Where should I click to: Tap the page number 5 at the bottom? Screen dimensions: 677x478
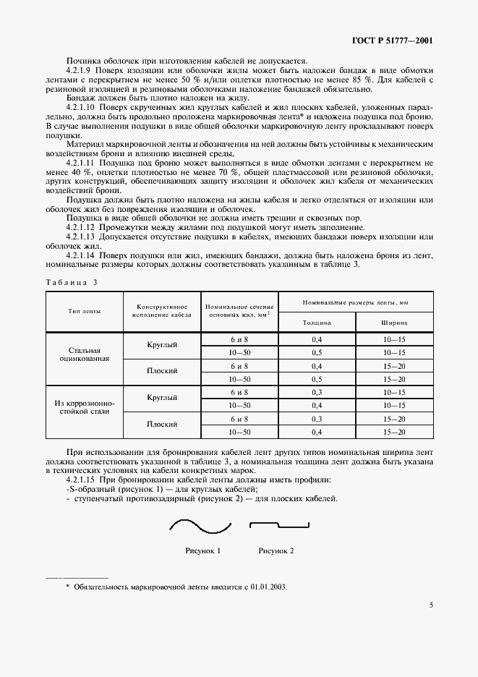click(431, 605)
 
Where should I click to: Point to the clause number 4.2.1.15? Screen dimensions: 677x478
click(82, 480)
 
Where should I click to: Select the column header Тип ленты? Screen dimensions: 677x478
click(85, 311)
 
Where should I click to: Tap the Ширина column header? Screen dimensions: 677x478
click(395, 323)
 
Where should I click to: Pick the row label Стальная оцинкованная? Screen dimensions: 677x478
click(85, 352)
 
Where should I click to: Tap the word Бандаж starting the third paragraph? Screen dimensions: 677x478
click(83, 97)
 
